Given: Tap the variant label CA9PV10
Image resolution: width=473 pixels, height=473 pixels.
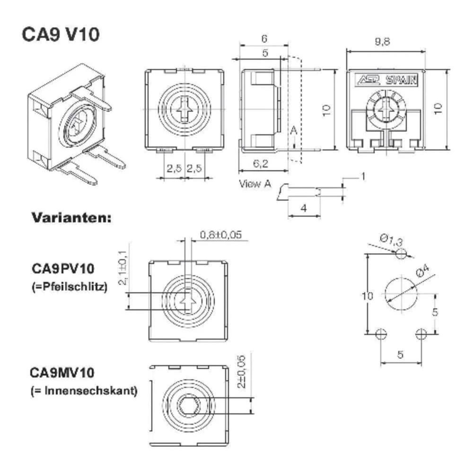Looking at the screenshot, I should click(x=63, y=269).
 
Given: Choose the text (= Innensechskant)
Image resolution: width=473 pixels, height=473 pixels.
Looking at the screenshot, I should click(x=84, y=391).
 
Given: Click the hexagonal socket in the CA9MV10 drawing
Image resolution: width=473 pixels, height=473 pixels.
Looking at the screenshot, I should click(x=188, y=405).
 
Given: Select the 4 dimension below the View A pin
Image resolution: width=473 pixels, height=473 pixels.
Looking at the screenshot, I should click(x=304, y=208).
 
